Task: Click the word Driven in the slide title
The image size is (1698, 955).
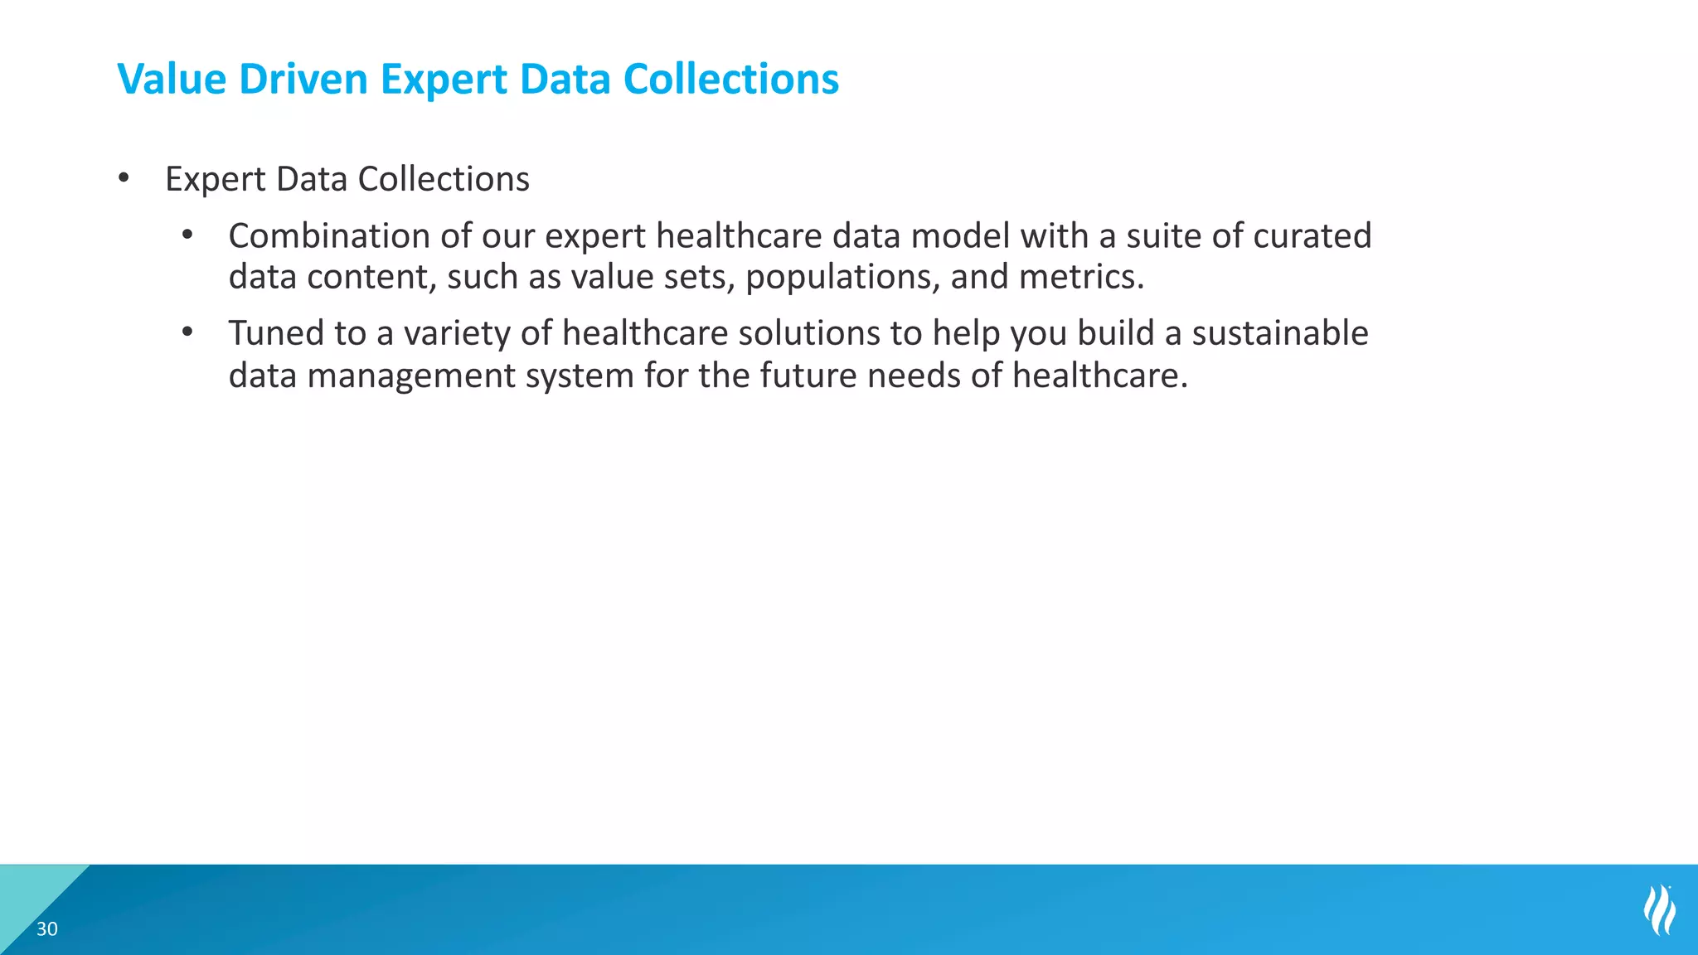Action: click(x=303, y=80)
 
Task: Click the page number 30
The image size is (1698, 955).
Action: click(x=47, y=929)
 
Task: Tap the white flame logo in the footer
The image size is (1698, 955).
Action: click(x=1659, y=910)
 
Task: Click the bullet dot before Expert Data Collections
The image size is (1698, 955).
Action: click(x=124, y=177)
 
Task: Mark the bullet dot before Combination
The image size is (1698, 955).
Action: click(x=187, y=235)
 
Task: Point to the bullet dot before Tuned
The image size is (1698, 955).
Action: click(x=187, y=332)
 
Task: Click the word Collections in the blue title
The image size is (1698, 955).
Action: click(x=730, y=80)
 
